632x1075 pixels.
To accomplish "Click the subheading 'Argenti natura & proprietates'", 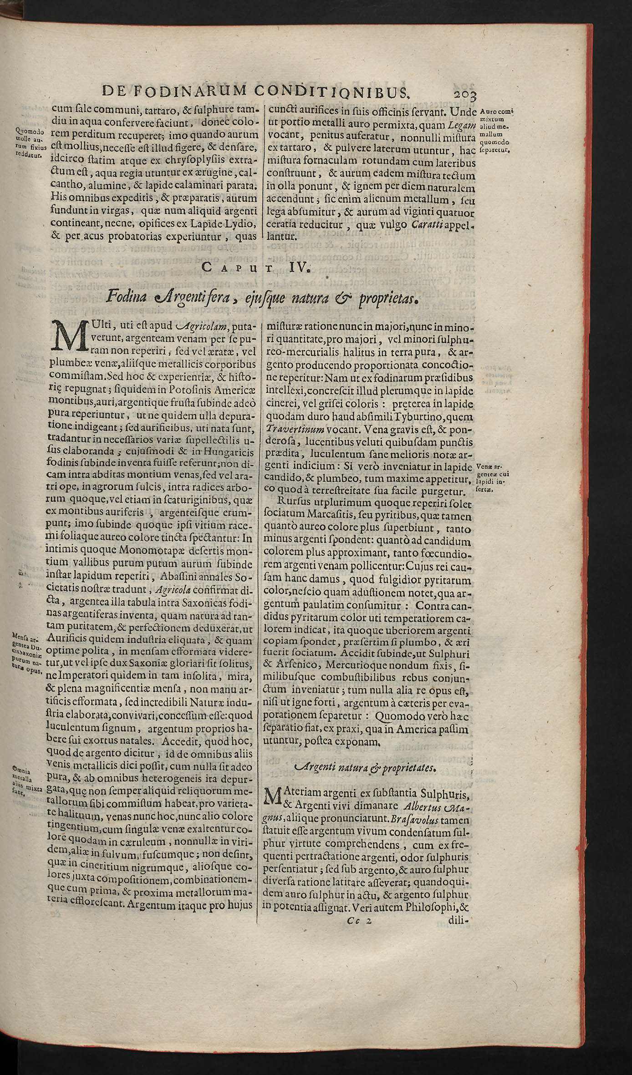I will tap(366, 769).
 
